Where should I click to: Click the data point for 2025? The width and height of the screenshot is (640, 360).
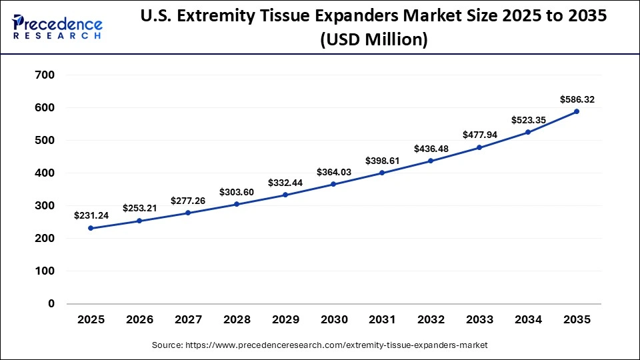click(x=91, y=228)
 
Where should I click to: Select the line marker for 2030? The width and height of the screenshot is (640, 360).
click(x=333, y=184)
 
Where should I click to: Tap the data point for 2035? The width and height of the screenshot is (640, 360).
click(x=577, y=111)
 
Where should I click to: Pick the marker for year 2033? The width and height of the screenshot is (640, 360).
click(x=479, y=147)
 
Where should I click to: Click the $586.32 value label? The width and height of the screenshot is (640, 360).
click(x=577, y=100)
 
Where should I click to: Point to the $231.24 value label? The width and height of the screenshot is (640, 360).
click(x=92, y=216)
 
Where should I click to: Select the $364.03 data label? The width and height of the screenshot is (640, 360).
click(x=334, y=172)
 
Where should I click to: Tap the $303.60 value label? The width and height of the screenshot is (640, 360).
click(x=237, y=192)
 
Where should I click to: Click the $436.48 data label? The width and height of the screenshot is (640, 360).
click(x=431, y=148)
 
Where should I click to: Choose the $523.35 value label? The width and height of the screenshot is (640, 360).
click(x=529, y=120)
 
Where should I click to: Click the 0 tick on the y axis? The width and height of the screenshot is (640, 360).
click(x=51, y=303)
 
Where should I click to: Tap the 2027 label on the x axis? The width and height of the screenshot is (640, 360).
click(x=188, y=320)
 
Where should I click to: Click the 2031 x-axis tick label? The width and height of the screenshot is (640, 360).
click(x=383, y=320)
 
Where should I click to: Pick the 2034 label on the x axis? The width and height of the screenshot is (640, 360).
click(x=529, y=320)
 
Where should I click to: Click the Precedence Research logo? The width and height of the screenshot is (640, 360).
click(x=57, y=27)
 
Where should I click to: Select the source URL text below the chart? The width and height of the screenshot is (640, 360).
click(x=319, y=345)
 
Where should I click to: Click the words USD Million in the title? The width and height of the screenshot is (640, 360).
click(x=373, y=40)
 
